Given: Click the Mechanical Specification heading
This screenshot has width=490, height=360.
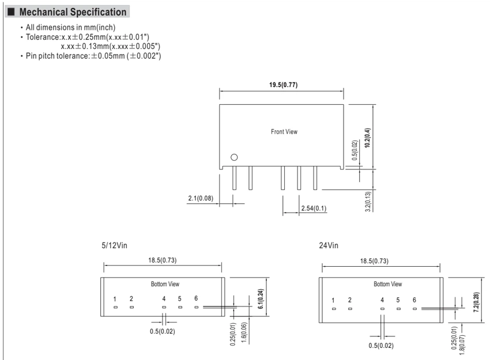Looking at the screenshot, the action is coord(73,12).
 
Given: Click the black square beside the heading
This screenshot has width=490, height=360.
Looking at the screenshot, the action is coord(11,12).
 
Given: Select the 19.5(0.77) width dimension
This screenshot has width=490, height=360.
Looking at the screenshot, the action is coord(284,85).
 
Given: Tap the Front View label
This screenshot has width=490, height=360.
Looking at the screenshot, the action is coord(284,132).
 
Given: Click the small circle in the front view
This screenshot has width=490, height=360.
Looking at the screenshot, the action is coord(234,157).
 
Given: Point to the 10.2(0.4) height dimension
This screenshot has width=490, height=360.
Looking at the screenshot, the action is coord(368,138).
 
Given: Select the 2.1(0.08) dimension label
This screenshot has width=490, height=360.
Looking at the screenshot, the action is coord(201,198).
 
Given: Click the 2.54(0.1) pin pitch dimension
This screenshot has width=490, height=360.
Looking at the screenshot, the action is coord(314,209).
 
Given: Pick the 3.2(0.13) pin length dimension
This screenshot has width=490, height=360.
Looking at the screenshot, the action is coord(368,202).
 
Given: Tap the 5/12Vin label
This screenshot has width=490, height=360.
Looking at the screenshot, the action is coord(114,245).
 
